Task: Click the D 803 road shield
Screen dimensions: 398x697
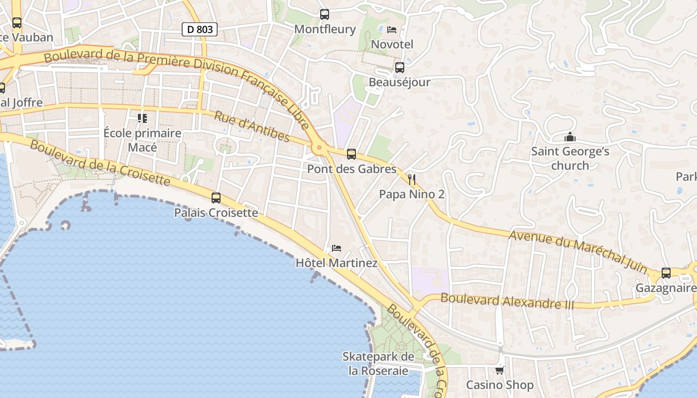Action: click(x=200, y=29)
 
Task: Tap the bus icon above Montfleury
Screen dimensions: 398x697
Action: click(x=325, y=14)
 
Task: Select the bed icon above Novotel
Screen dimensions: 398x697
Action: click(x=392, y=30)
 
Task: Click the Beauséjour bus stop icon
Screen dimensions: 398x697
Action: click(x=399, y=68)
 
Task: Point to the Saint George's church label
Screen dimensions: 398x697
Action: click(x=570, y=158)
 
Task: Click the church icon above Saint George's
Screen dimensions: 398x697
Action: click(x=570, y=137)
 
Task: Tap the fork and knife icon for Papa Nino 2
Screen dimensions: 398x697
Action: click(x=412, y=180)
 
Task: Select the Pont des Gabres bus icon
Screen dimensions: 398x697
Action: click(x=351, y=154)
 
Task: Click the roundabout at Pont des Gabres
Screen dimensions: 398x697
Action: click(x=319, y=147)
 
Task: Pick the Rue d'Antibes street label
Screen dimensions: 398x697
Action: click(x=252, y=126)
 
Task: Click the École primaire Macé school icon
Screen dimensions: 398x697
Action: click(x=142, y=118)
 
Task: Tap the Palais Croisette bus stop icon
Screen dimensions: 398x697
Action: click(x=216, y=198)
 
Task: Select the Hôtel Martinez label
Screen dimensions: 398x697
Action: click(x=337, y=263)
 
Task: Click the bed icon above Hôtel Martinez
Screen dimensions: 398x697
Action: click(x=337, y=248)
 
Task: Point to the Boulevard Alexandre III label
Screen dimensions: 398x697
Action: click(x=507, y=301)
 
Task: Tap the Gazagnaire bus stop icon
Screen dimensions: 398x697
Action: click(x=666, y=273)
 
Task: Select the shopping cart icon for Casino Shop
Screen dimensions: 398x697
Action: click(x=499, y=370)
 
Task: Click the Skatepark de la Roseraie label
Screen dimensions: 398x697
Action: click(x=378, y=364)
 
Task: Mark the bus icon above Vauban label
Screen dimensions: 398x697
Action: click(x=17, y=22)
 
